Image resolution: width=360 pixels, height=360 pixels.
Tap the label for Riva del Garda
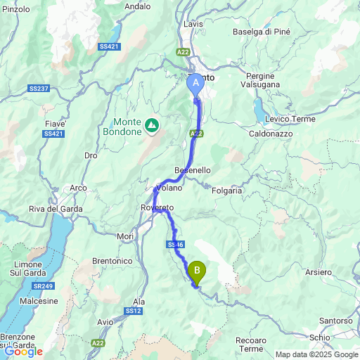56,209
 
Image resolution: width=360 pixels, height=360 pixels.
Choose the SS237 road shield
39,88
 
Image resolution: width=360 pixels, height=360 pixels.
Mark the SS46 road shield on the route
176,244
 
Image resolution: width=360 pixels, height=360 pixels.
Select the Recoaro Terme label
251,345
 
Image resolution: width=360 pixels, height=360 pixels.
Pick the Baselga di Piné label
262,31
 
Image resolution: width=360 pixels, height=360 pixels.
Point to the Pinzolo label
16,9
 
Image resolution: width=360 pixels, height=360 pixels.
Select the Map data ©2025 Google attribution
316,354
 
